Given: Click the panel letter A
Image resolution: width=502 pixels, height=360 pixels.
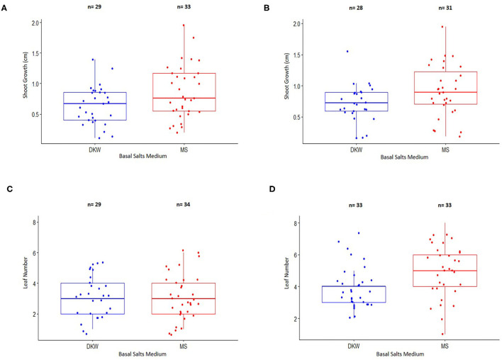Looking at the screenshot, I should click(6, 9).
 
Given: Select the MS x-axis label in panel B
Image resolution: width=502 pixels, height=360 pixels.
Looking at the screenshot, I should click(445, 149).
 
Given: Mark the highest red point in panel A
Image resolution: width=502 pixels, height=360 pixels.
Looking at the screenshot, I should click(183, 26).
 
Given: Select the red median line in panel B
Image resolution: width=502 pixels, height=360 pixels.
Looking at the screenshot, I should click(445, 92).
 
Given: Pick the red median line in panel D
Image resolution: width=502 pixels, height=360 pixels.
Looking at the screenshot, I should click(445, 270).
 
